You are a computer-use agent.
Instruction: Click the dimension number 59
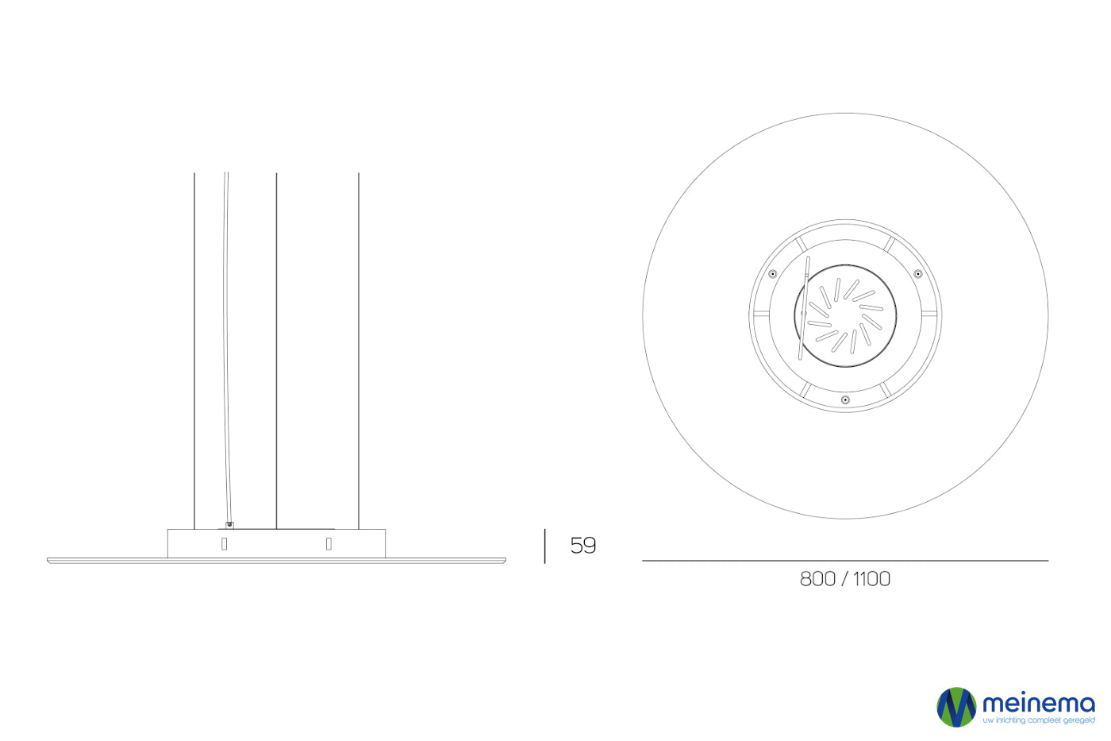tap(582, 546)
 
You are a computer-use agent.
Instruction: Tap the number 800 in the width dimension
tap(817, 579)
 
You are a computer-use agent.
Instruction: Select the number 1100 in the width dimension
tap(871, 579)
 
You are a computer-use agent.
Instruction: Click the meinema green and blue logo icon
tap(956, 707)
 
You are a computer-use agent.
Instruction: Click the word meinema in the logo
tap(1039, 704)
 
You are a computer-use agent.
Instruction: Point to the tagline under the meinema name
tap(1039, 720)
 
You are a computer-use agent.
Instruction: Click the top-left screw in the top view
tap(772, 274)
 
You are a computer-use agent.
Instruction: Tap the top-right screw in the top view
tap(918, 274)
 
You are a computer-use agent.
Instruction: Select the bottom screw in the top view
tap(846, 399)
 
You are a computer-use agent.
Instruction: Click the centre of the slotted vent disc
tap(846, 316)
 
